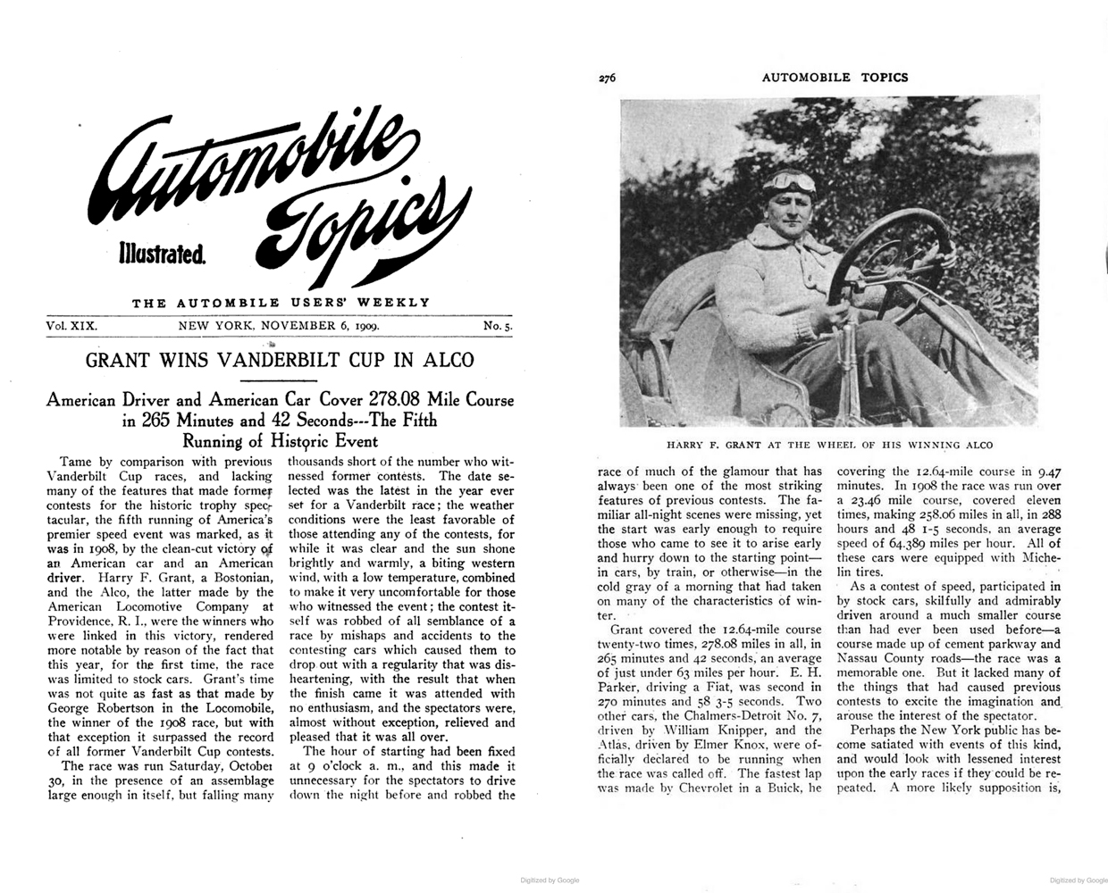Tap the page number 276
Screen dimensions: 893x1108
click(x=609, y=78)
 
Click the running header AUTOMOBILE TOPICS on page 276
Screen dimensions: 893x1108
click(x=835, y=78)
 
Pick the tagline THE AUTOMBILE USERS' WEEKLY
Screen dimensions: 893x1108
click(x=281, y=303)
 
